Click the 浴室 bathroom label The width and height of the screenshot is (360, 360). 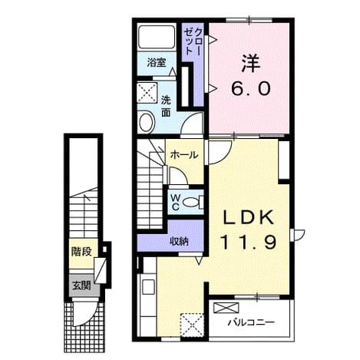click(x=157, y=62)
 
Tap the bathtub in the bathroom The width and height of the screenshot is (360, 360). click(x=157, y=36)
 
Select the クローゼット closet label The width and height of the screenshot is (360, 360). click(x=193, y=41)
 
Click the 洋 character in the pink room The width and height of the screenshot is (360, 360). click(x=250, y=63)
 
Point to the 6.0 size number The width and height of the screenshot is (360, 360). click(x=251, y=88)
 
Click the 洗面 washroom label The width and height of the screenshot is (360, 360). click(x=166, y=107)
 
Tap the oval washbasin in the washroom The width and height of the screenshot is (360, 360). click(x=147, y=122)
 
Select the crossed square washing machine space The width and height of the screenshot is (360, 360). click(x=147, y=92)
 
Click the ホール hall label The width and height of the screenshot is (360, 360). click(x=184, y=155)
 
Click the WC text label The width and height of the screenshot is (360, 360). click(x=175, y=202)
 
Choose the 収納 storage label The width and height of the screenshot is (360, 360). click(x=180, y=241)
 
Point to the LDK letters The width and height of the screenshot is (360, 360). click(x=249, y=217)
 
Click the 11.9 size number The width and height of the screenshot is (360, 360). click(x=249, y=242)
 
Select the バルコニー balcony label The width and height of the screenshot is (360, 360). click(x=251, y=322)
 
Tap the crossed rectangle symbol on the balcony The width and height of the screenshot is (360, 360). click(x=226, y=308)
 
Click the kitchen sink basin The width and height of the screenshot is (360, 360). click(x=149, y=287)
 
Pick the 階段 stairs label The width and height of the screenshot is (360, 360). click(x=81, y=252)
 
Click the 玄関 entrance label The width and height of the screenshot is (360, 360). click(x=81, y=286)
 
